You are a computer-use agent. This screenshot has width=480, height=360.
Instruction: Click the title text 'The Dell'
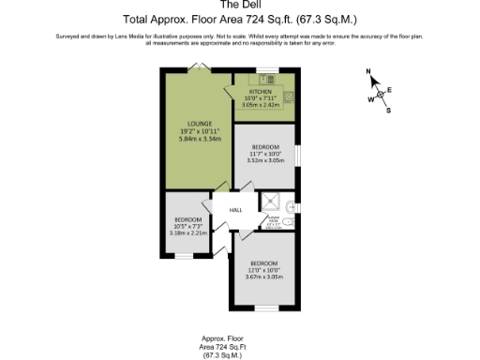[239, 5]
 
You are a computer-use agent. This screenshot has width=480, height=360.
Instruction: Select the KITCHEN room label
[260, 91]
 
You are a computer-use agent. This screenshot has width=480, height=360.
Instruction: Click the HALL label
[235, 210]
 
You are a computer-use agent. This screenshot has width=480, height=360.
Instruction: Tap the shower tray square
[272, 200]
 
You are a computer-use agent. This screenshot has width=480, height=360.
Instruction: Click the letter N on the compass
[370, 72]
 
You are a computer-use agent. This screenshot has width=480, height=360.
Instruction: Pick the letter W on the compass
[371, 98]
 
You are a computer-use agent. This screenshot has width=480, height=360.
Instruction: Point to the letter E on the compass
[390, 89]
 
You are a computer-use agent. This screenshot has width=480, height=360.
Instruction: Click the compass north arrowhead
[377, 81]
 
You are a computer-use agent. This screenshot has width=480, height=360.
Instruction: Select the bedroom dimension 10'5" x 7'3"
[188, 225]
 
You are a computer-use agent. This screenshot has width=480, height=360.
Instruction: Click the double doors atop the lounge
[200, 67]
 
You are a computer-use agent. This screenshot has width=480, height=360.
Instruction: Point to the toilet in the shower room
[293, 206]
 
